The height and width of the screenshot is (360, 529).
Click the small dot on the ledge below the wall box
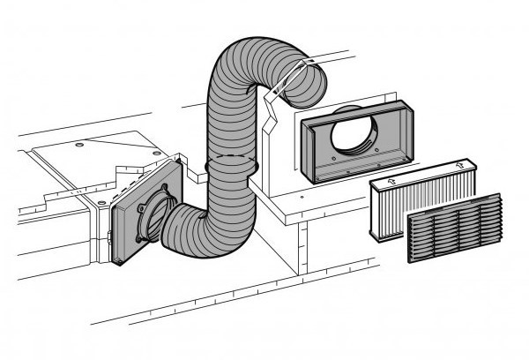[x=302, y=199]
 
